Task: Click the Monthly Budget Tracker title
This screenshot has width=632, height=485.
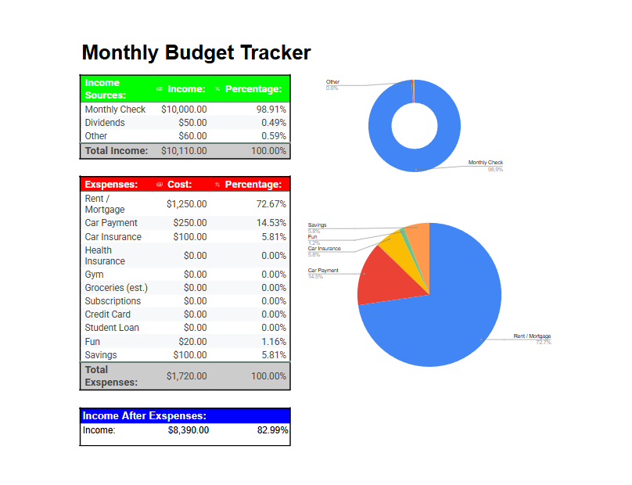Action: click(x=196, y=52)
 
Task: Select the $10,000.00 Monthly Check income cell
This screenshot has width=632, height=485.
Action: click(x=184, y=110)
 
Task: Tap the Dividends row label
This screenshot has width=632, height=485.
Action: click(x=105, y=123)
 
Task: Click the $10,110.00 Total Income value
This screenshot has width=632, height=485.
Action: click(x=184, y=150)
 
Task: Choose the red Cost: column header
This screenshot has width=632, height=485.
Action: click(x=179, y=185)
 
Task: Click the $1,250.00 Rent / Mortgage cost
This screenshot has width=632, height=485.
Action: click(x=187, y=204)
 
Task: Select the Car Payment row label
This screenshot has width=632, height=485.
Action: click(x=111, y=223)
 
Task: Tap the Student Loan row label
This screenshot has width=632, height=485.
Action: click(x=112, y=328)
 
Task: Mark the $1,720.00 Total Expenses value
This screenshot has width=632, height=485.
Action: click(x=187, y=376)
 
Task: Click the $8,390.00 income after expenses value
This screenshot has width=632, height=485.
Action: click(x=189, y=430)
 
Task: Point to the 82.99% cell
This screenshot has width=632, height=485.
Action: click(x=273, y=430)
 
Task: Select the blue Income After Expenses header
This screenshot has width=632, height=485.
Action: click(x=145, y=416)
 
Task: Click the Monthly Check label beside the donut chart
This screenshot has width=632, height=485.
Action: click(x=486, y=163)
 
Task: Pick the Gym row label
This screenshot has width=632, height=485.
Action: click(x=94, y=275)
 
